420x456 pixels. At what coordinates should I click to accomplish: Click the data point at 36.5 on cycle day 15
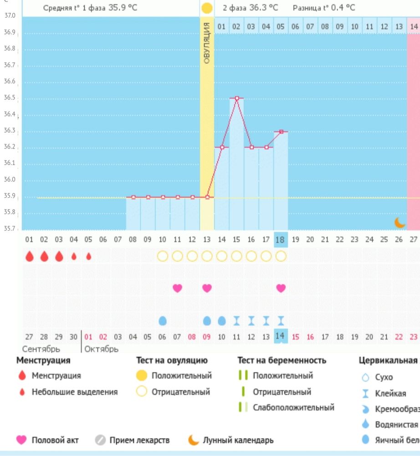point(236,98)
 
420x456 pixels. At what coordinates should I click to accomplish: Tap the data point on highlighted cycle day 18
point(281,131)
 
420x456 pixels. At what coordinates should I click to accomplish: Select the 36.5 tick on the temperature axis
point(10,98)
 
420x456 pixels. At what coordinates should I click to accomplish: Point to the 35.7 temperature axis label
point(10,228)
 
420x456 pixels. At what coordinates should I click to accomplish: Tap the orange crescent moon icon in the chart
point(400,222)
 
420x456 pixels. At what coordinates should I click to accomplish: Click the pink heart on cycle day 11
point(177,288)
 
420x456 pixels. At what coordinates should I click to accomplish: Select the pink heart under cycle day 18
point(281,288)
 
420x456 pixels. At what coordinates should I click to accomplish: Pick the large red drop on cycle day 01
point(29,256)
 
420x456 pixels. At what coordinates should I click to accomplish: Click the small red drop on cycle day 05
point(88,256)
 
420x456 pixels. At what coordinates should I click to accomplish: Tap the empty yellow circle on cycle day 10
point(163,256)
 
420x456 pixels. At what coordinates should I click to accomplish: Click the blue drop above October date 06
point(163,321)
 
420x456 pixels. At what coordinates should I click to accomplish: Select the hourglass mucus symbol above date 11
point(236,321)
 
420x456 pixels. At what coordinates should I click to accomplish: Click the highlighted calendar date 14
point(281,337)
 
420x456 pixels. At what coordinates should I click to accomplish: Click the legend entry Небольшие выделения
point(74,392)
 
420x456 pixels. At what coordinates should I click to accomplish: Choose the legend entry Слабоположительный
point(293,407)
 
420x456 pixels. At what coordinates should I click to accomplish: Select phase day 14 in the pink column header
point(413,26)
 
